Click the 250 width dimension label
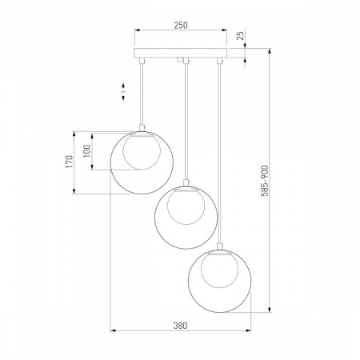181,25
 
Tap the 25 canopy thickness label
240,35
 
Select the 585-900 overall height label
265,181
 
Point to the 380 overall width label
180,326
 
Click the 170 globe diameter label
69,162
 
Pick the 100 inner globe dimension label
87,151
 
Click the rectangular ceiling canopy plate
181,53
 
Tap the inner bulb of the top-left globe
142,151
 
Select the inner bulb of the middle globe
186,206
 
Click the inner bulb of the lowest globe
219,270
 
